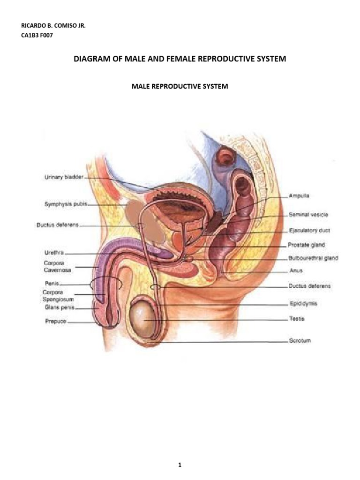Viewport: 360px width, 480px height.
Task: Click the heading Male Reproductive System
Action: pyautogui.click(x=180, y=87)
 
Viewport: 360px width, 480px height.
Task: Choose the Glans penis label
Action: pyautogui.click(x=55, y=308)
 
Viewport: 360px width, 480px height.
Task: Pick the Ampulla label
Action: pyautogui.click(x=299, y=195)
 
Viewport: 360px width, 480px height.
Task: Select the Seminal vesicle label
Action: pyautogui.click(x=307, y=215)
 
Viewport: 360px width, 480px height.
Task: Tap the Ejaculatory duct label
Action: pyautogui.click(x=309, y=231)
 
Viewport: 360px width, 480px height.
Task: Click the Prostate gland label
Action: pyautogui.click(x=306, y=245)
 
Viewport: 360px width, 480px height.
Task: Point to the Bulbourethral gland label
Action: pyautogui.click(x=313, y=258)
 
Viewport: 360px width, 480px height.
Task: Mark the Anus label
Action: pyautogui.click(x=296, y=270)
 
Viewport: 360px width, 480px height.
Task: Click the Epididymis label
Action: pyautogui.click(x=303, y=304)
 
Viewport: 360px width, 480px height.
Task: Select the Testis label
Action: pyautogui.click(x=297, y=319)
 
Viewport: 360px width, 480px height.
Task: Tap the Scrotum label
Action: pyautogui.click(x=299, y=341)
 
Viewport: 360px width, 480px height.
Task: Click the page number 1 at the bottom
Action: pyautogui.click(x=180, y=452)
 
